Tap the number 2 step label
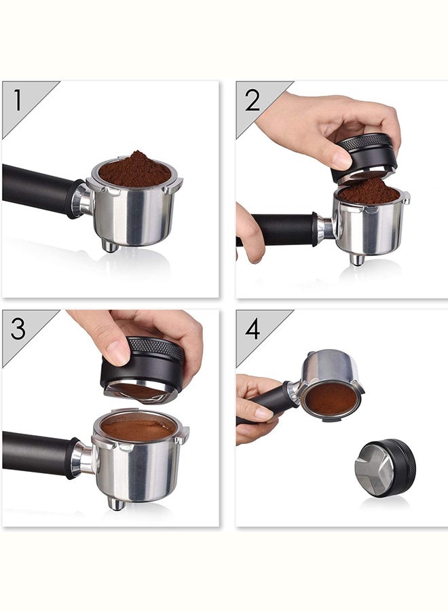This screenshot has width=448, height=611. coord(253,100)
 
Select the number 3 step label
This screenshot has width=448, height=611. coord(18,329)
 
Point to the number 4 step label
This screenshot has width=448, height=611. coord(253,329)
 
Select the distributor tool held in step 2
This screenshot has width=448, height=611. coord(365,156)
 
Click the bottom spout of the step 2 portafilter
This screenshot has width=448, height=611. coord(356,259)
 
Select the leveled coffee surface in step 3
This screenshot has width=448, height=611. coord(138,428)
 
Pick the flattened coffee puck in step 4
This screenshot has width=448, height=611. coord(330,400)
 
